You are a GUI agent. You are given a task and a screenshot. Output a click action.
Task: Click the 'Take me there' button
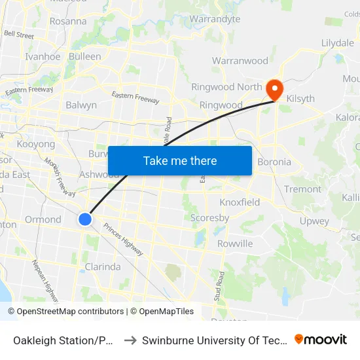coord(179,160)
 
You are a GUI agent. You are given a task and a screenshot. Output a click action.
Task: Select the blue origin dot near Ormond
coord(85,219)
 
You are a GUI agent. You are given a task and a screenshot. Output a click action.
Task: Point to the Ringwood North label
coord(226,87)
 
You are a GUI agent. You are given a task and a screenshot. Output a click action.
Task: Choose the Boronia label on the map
coord(274,162)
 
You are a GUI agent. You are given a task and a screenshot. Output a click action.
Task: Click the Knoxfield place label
coord(240,202)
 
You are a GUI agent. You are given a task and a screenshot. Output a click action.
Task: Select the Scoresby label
coord(209,218)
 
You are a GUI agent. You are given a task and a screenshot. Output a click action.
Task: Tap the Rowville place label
coord(235,243)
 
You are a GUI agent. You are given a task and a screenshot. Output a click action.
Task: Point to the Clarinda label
coord(103,266)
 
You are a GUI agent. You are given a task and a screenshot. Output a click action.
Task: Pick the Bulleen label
coord(85,56)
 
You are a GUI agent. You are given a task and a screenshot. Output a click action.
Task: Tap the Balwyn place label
coord(81,105)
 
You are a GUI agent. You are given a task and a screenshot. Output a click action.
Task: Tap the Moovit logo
coord(321,340)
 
